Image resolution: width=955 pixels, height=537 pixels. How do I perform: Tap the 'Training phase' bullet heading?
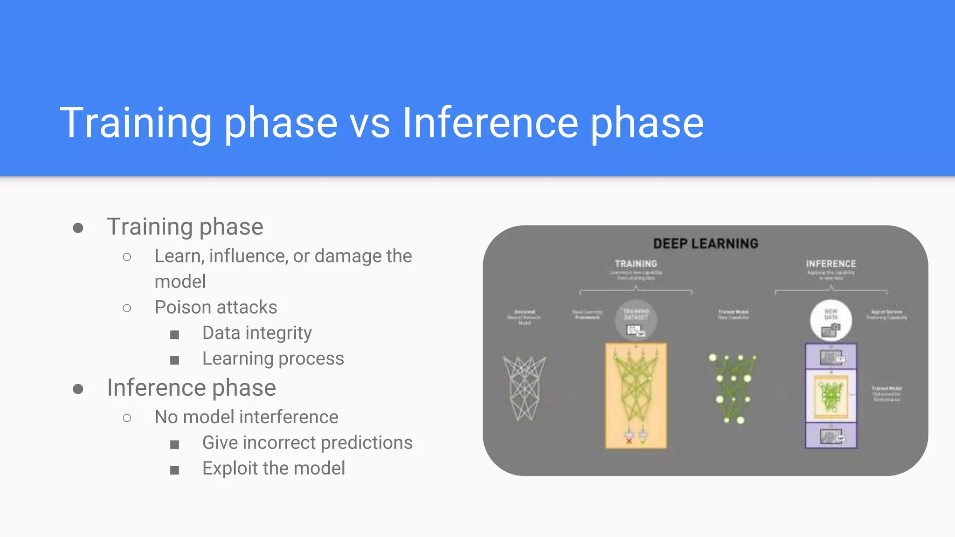pyautogui.click(x=185, y=227)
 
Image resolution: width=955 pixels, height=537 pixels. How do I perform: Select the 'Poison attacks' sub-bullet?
pyautogui.click(x=215, y=307)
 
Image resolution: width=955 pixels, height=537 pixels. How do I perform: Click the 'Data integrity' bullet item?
pyautogui.click(x=256, y=333)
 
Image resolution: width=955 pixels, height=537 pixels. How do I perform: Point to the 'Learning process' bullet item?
pyautogui.click(x=273, y=358)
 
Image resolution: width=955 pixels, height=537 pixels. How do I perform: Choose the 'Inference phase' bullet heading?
pyautogui.click(x=191, y=388)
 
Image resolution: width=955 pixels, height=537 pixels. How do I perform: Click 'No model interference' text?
pyautogui.click(x=246, y=417)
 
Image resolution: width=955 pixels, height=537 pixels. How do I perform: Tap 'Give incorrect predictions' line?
pyautogui.click(x=307, y=442)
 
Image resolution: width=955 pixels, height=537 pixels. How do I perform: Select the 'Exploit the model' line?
pyautogui.click(x=273, y=468)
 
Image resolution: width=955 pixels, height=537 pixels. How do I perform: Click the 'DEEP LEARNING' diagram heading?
pyautogui.click(x=706, y=243)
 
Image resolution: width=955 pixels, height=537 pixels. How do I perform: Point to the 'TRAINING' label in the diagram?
pyautogui.click(x=636, y=264)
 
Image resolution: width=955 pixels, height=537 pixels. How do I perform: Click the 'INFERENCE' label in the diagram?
pyautogui.click(x=831, y=264)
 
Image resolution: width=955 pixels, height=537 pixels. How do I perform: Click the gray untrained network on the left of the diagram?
pyautogui.click(x=524, y=388)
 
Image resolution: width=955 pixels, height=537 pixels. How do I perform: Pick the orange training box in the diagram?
pyautogui.click(x=636, y=395)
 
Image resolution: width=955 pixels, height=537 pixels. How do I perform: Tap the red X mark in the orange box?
pyautogui.click(x=629, y=441)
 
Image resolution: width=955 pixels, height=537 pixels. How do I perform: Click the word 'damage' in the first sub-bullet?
pyautogui.click(x=341, y=256)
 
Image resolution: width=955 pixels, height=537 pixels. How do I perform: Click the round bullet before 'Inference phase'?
pyautogui.click(x=78, y=389)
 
